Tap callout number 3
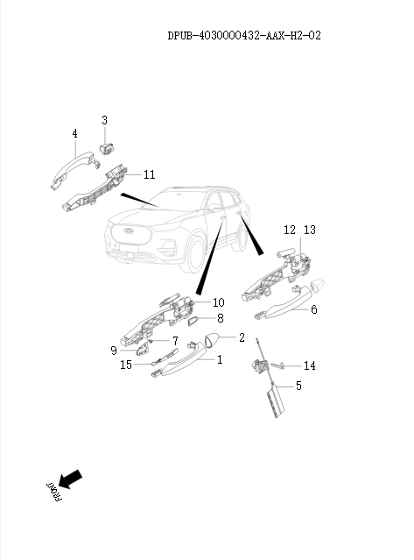pos(104,119)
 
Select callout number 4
pos(74,133)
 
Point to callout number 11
pos(149,174)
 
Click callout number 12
pos(290,230)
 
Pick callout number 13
pos(308,230)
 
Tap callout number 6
pos(313,309)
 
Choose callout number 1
pos(220,359)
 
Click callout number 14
pos(309,365)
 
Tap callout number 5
pos(298,386)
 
